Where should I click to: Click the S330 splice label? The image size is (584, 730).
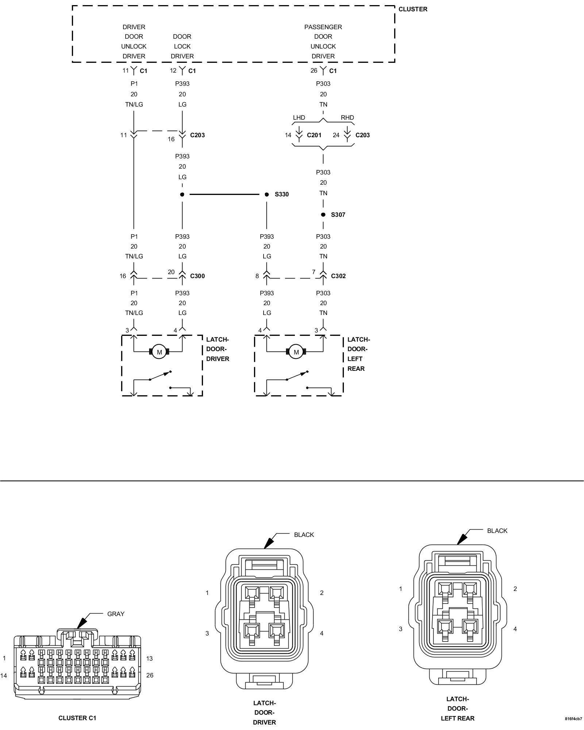click(x=281, y=194)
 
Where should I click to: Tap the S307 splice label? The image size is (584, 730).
click(x=338, y=215)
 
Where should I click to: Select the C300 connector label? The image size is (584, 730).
click(x=197, y=276)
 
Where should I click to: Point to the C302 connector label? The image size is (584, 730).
click(x=338, y=276)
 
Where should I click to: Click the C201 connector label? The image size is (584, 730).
click(x=314, y=135)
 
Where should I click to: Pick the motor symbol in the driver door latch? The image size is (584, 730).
click(x=159, y=352)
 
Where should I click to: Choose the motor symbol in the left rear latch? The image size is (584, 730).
click(x=296, y=352)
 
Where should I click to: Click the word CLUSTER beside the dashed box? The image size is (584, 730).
click(x=413, y=9)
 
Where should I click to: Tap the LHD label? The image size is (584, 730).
click(x=299, y=118)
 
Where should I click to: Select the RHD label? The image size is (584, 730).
click(x=347, y=118)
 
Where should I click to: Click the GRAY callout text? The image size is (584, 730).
click(x=116, y=614)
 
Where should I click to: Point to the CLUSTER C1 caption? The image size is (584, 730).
click(x=77, y=718)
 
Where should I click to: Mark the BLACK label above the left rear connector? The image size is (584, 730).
click(x=497, y=531)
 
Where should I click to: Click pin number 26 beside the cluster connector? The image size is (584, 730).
click(x=150, y=675)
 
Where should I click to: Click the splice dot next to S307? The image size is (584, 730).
click(x=323, y=215)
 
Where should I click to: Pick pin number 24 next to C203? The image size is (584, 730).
click(x=336, y=135)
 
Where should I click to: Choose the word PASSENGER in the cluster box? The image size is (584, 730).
click(x=323, y=27)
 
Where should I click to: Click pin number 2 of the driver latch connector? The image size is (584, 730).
click(x=322, y=593)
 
